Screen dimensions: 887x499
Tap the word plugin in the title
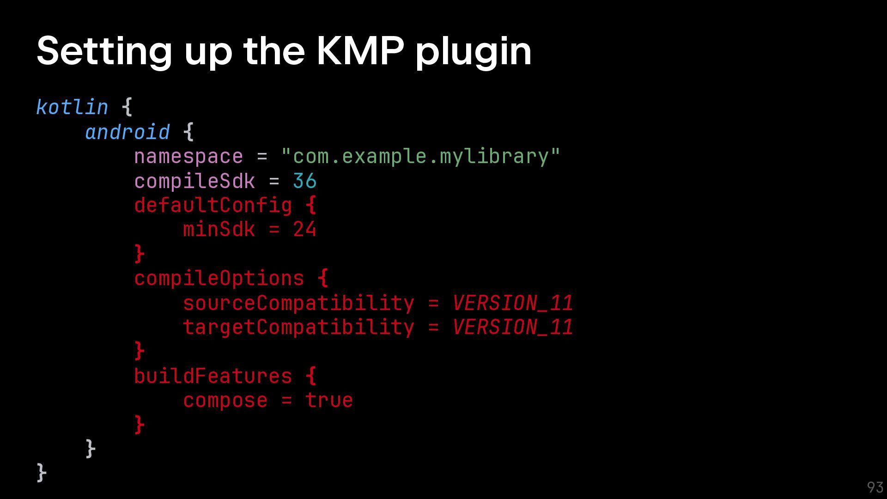point(474,52)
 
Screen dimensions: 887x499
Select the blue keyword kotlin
point(72,107)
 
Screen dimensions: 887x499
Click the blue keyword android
point(128,132)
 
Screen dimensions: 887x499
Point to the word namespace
point(188,157)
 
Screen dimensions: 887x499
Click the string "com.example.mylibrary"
point(420,157)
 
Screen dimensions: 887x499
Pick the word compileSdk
point(194,181)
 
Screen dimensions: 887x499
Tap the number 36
point(304,181)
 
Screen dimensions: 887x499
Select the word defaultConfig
point(213,205)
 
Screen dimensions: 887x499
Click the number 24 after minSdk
point(304,230)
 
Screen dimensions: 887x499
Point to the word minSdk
point(219,230)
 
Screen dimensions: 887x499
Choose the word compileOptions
point(219,278)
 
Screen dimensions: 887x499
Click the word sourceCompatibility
point(298,303)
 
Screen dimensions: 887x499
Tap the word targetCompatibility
point(298,328)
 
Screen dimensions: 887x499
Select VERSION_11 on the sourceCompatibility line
point(512,303)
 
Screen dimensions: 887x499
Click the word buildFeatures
point(213,376)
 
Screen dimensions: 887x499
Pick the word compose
point(225,401)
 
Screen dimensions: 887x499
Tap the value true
point(329,401)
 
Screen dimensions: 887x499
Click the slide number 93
point(875,487)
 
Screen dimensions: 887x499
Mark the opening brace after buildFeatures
point(311,376)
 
